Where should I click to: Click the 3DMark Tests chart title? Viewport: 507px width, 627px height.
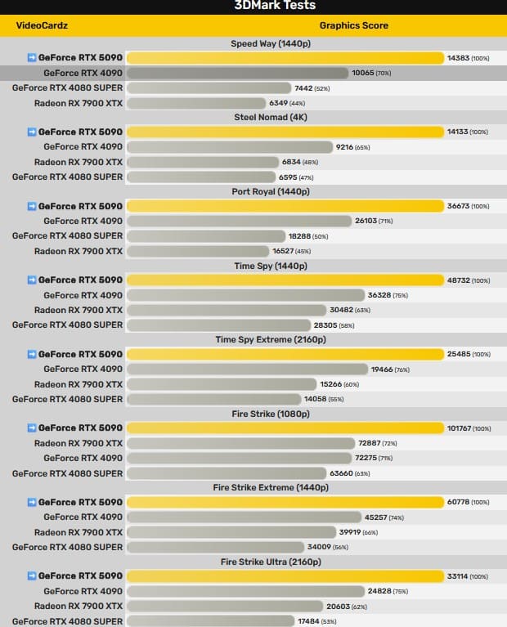tap(275, 5)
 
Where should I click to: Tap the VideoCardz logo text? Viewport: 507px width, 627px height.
tap(42, 25)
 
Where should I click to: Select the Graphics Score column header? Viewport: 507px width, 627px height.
tap(354, 25)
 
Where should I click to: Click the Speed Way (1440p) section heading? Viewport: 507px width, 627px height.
tap(271, 43)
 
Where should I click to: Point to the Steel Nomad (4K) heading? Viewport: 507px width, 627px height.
tap(271, 117)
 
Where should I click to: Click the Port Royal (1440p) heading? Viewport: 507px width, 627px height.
tap(271, 191)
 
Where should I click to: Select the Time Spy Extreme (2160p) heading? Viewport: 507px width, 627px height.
tap(271, 339)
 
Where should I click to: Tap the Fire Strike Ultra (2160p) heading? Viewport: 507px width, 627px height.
tap(271, 562)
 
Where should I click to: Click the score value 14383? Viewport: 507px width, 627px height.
tap(458, 58)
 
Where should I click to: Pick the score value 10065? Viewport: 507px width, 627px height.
tap(363, 73)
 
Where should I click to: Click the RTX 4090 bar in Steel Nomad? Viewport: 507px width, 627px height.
tap(230, 147)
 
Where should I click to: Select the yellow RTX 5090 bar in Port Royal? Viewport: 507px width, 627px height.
tap(285, 206)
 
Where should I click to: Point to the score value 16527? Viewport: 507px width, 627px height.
tap(283, 251)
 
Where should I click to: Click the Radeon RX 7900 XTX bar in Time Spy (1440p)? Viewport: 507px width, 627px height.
tap(227, 311)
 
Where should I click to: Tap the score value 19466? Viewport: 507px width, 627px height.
tap(382, 369)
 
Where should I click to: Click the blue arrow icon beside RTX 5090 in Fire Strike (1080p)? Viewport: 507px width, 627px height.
tap(32, 428)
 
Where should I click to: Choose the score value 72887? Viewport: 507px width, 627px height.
tap(370, 443)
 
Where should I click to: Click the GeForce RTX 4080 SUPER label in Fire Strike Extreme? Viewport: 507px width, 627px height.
tap(67, 548)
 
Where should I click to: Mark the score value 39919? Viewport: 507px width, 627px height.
tap(350, 532)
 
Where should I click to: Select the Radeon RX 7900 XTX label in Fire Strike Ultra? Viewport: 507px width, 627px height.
tap(79, 607)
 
